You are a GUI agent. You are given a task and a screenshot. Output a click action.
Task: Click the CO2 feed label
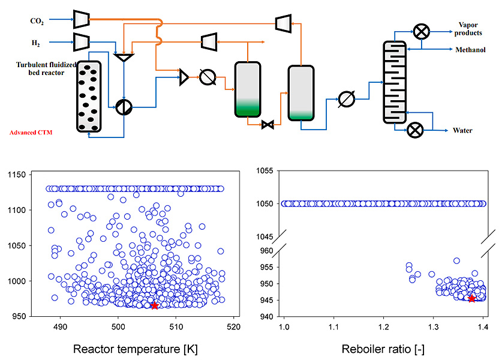pyautogui.click(x=37, y=21)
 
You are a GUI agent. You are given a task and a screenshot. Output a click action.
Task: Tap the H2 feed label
pyautogui.click(x=35, y=43)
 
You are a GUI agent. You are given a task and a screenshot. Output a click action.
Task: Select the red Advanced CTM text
pyautogui.click(x=31, y=132)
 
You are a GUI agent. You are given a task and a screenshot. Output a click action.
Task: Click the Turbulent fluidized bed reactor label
pyautogui.click(x=46, y=68)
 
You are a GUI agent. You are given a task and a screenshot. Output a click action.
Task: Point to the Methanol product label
pyautogui.click(x=470, y=50)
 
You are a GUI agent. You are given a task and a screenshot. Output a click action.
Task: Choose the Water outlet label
pyautogui.click(x=462, y=130)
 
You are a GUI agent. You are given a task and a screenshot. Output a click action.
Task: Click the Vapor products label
pyautogui.click(x=468, y=29)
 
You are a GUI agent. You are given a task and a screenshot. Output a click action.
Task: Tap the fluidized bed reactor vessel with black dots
pyautogui.click(x=89, y=97)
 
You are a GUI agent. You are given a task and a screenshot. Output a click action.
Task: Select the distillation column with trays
pyautogui.click(x=395, y=82)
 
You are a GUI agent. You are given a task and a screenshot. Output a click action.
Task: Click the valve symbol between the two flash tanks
pyautogui.click(x=267, y=124)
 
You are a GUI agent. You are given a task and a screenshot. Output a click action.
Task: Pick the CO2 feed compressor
pyautogui.click(x=82, y=19)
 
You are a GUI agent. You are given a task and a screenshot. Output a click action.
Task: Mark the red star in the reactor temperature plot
pyautogui.click(x=155, y=305)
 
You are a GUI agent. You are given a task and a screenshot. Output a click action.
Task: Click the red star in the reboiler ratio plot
pyautogui.click(x=471, y=299)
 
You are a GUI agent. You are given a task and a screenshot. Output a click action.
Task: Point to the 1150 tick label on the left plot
pyautogui.click(x=17, y=175)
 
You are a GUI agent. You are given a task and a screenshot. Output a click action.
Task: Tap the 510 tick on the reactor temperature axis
pyautogui.click(x=176, y=326)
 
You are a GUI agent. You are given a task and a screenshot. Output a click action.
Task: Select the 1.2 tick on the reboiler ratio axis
pyautogui.click(x=383, y=327)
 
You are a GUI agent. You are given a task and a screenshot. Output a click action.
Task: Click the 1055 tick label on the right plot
pyautogui.click(x=264, y=171)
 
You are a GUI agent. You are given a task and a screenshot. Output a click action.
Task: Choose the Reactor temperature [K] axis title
pyautogui.click(x=136, y=349)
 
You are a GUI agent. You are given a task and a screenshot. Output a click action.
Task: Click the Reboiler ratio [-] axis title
pyautogui.click(x=383, y=349)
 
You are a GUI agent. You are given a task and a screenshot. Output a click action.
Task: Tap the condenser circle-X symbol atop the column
pyautogui.click(x=421, y=32)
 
